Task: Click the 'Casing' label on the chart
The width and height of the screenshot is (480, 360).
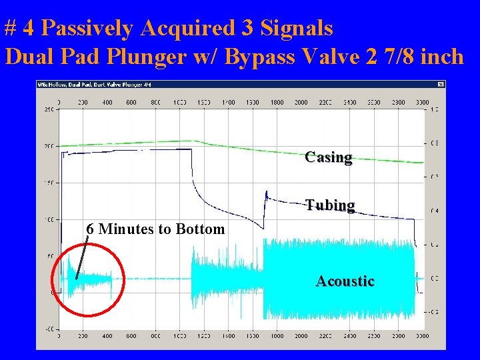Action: click(x=329, y=157)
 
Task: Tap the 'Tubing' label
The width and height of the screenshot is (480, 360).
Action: click(x=330, y=205)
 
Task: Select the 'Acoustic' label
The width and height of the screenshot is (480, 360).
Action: click(x=345, y=281)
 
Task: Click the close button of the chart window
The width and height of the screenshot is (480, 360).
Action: click(x=441, y=85)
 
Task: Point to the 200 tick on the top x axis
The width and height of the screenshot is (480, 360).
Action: click(x=83, y=102)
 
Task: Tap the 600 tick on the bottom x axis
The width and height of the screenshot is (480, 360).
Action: click(x=131, y=336)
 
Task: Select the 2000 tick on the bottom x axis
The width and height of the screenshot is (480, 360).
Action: click(x=301, y=336)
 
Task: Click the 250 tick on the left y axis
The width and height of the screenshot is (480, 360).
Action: click(x=48, y=109)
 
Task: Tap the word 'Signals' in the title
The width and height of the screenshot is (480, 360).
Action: click(x=298, y=28)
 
